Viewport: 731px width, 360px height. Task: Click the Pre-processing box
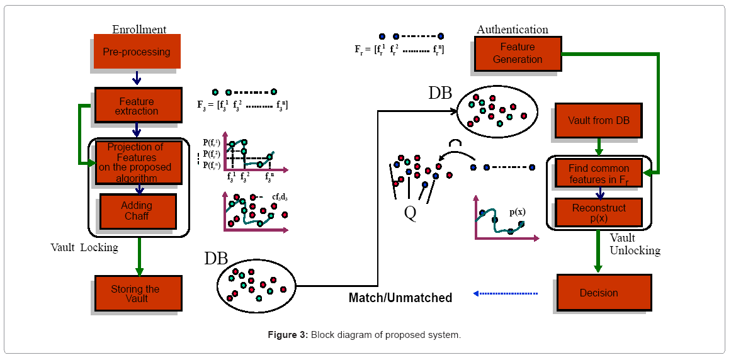[137, 52]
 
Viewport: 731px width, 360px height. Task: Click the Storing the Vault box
[138, 293]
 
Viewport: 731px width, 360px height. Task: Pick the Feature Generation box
[518, 53]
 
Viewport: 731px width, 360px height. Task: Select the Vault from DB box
[598, 120]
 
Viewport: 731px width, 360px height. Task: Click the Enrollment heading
[139, 30]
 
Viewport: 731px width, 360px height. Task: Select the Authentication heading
[512, 30]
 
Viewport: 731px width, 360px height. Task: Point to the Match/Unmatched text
[400, 298]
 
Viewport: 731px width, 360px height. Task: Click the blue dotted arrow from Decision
[505, 293]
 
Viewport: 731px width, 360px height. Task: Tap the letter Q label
[410, 214]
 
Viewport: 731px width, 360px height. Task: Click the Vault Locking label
[84, 247]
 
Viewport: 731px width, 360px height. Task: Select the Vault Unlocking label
[635, 244]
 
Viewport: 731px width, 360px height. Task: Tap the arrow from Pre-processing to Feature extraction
[137, 78]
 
